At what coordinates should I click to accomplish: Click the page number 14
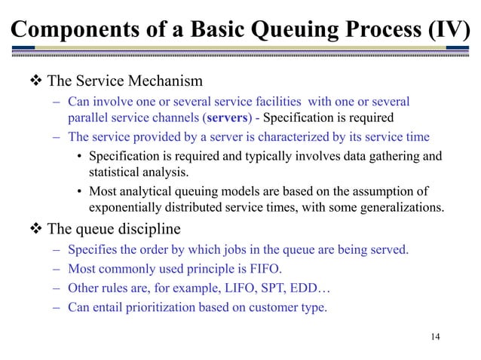point(433,335)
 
